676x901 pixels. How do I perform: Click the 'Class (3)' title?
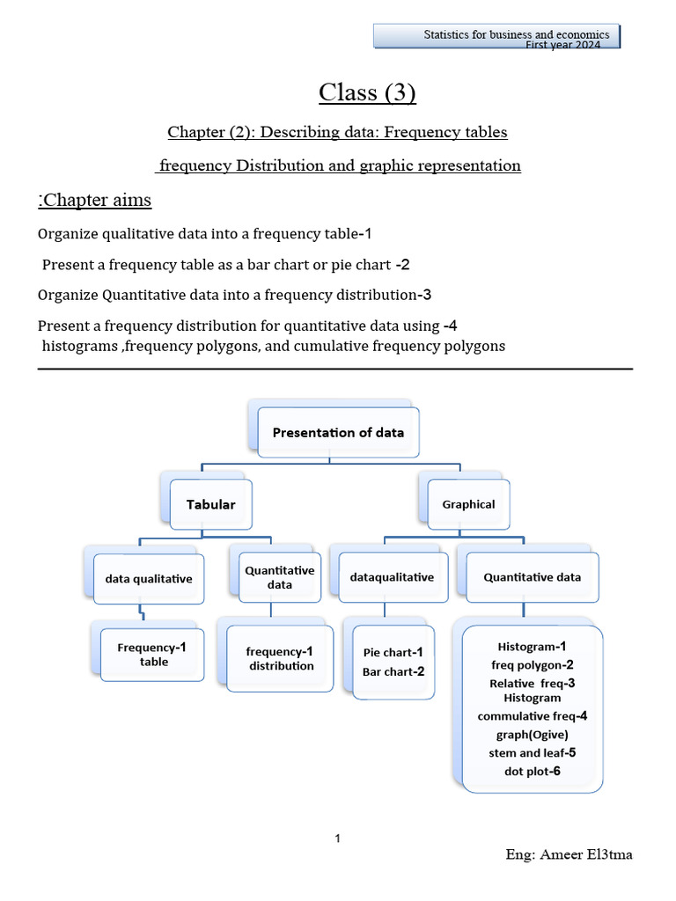click(x=367, y=92)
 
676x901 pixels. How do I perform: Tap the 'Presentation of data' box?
click(x=338, y=432)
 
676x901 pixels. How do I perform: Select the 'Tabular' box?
click(x=211, y=504)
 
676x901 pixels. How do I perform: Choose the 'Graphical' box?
click(x=468, y=504)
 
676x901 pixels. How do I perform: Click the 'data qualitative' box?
click(x=149, y=579)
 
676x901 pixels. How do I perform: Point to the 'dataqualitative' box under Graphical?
click(x=392, y=578)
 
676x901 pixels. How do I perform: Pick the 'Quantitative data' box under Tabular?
click(x=280, y=577)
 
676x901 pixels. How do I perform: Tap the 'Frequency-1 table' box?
click(x=152, y=655)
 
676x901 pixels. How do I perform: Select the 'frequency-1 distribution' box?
click(x=280, y=658)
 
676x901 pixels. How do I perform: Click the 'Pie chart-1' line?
click(x=393, y=652)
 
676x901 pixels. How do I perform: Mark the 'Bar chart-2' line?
click(x=393, y=671)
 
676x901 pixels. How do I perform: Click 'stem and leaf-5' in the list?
click(x=533, y=752)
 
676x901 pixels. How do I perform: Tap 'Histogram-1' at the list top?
click(x=532, y=647)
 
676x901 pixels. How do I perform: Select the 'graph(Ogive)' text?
click(x=532, y=735)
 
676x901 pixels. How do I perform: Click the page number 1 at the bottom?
click(x=338, y=839)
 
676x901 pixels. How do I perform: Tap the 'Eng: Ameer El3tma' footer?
click(x=569, y=854)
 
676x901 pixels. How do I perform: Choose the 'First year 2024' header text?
click(x=562, y=45)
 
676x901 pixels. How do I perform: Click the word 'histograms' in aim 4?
click(x=80, y=346)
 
